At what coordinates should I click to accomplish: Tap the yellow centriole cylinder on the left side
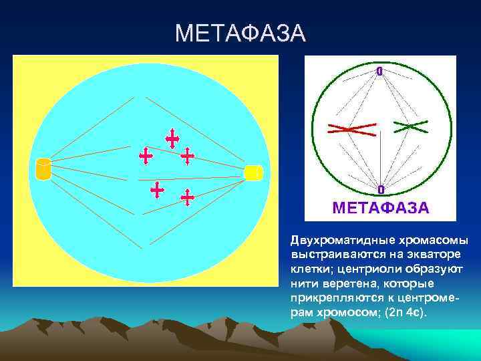(x=43, y=169)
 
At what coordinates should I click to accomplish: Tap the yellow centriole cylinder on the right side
(x=253, y=172)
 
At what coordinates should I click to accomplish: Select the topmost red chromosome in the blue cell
(x=172, y=138)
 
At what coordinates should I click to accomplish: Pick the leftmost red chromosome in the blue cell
(x=145, y=156)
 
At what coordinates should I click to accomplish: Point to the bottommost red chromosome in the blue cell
(x=188, y=197)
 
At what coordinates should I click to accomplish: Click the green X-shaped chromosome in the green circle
(x=410, y=125)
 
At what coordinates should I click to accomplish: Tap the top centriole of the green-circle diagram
(x=379, y=71)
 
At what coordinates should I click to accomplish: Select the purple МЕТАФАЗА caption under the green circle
(x=381, y=207)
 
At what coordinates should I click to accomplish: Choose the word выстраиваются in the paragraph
(x=327, y=255)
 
